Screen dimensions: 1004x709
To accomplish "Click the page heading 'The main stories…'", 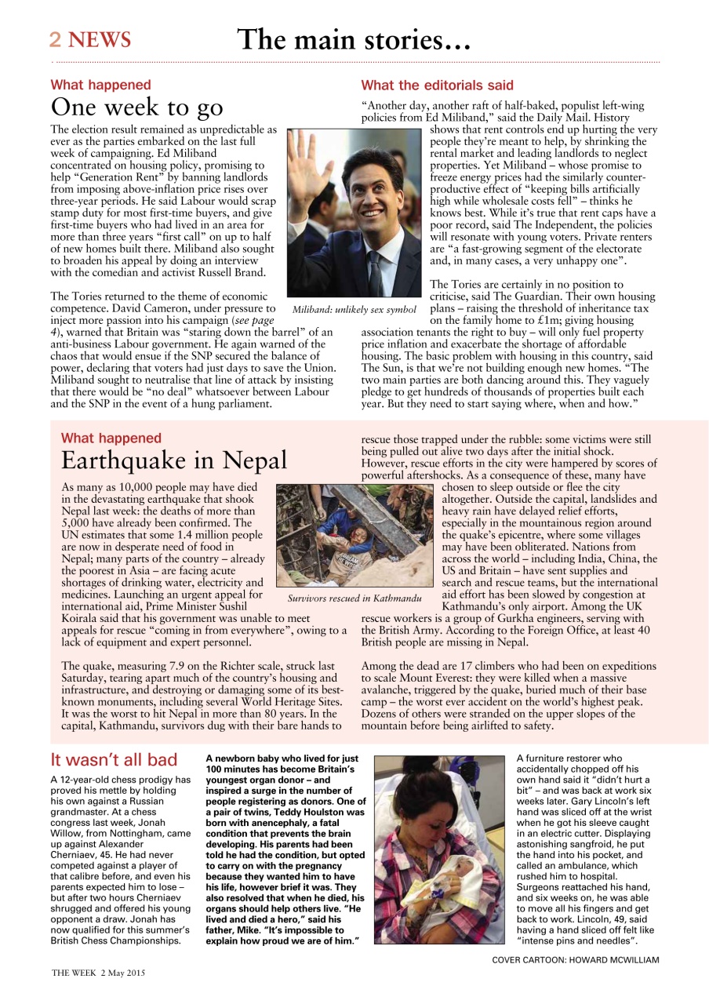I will coord(354,39).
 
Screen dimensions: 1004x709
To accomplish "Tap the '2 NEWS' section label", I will coord(90,40).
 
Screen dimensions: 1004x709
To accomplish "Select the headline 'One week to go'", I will coord(137,107).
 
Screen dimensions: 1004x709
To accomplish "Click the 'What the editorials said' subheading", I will coord(437,85).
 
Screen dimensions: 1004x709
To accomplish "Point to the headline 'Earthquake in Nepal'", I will coord(174,459).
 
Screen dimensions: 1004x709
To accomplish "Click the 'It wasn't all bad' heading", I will coord(114,759).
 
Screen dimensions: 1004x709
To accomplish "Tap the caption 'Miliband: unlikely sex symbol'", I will coord(354,309).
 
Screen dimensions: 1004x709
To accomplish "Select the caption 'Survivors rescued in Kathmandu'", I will coord(354,598).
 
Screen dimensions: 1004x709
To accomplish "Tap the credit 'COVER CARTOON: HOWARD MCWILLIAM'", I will coord(575,959).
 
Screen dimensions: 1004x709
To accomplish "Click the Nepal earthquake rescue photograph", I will coord(354,536).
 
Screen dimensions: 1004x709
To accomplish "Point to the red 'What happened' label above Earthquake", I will coord(111,438).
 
